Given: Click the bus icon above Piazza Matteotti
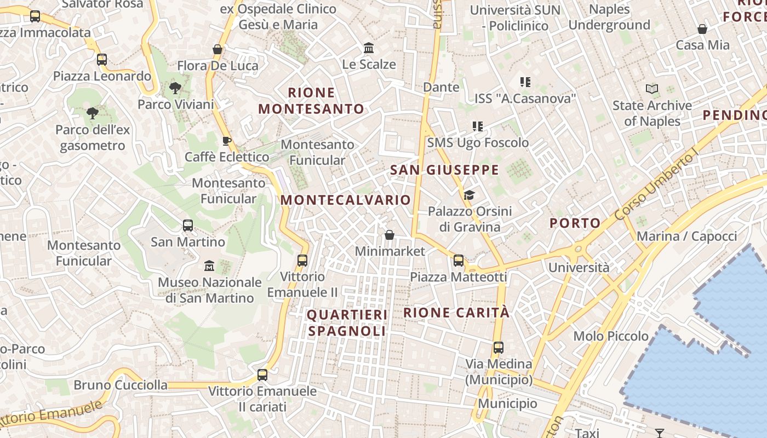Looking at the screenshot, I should coord(458,261).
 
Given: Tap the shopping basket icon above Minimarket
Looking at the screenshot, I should coord(390,235).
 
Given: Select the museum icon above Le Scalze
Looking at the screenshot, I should coord(369,48).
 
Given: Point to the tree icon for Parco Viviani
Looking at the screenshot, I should coord(175,88).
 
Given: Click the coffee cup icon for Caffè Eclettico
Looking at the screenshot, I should coord(226,141).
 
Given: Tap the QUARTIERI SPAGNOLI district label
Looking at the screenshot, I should coord(347,322).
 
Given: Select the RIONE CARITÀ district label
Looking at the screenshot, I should coord(456,313).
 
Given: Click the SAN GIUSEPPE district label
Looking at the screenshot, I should coord(444,170).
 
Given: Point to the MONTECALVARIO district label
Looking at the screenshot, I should coord(345,200).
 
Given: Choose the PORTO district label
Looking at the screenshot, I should coord(575,223).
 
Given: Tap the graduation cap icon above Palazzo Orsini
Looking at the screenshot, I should coord(469,195).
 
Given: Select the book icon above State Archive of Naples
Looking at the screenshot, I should coord(652,89).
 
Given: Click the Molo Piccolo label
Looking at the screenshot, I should coord(610,336).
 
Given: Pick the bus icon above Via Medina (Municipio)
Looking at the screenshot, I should coord(498,347).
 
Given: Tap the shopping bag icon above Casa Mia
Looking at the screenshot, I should coord(702,29).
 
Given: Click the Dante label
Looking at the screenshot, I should coord(441,87).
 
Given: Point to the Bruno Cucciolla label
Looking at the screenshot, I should coord(121,385).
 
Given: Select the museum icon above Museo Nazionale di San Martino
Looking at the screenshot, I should coord(209,266).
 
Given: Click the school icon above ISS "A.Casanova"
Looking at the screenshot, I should coord(525,82).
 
